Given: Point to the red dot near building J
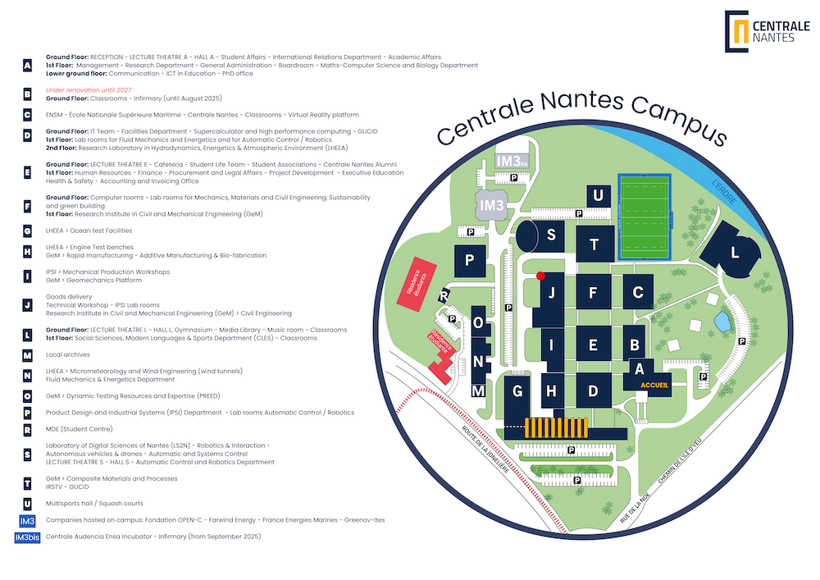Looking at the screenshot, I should [x=540, y=276].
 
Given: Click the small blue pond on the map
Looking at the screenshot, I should [x=722, y=322].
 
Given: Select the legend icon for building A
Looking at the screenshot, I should [x=28, y=66].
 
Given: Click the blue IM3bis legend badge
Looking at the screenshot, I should [x=28, y=537].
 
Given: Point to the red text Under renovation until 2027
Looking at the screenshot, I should [x=89, y=90].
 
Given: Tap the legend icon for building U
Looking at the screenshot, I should [x=28, y=503].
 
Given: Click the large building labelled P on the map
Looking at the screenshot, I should [x=470, y=260].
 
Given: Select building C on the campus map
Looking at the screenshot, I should [x=637, y=291].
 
